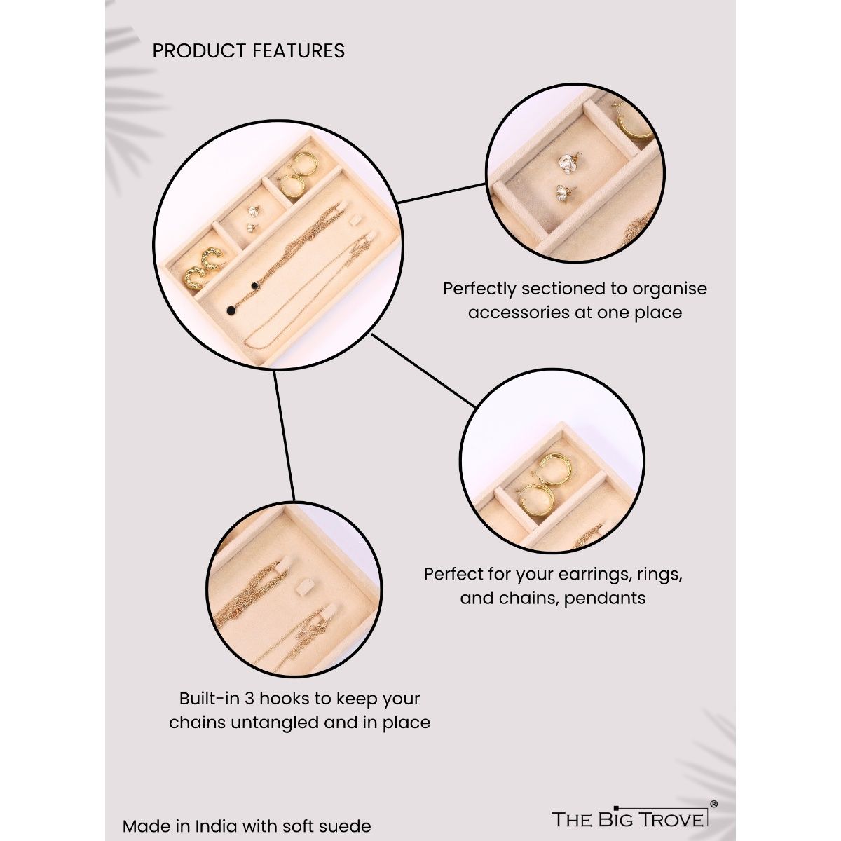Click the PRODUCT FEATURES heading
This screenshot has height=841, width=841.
tap(248, 51)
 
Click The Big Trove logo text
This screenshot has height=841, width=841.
tap(629, 819)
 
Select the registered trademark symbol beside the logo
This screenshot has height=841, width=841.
tap(713, 805)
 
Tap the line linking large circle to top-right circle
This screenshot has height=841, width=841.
tap(442, 193)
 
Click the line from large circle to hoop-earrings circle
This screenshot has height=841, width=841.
tap(423, 371)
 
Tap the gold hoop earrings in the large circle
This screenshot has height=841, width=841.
tap(298, 175)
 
